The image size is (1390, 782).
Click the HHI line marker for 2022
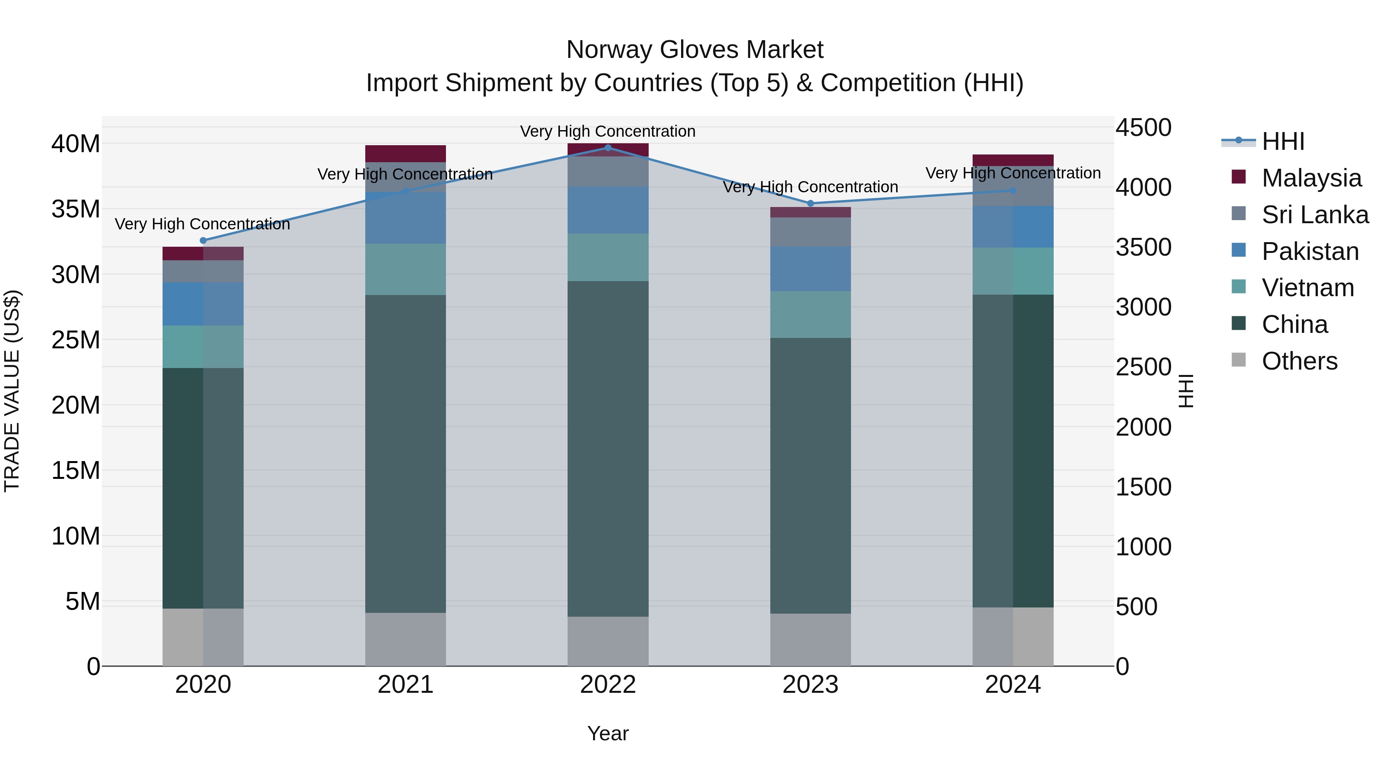[608, 148]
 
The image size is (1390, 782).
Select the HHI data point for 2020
[203, 241]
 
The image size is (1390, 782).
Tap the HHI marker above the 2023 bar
[810, 204]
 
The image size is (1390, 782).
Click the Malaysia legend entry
[1311, 178]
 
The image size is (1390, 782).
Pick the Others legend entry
[1299, 361]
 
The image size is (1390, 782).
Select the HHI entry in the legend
[1283, 141]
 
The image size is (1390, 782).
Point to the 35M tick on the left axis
[76, 209]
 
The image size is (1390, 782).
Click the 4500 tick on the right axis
[1143, 128]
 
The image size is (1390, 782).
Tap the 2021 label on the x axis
[405, 685]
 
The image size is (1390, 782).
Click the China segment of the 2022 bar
[608, 448]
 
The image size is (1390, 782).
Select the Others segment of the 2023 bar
[810, 640]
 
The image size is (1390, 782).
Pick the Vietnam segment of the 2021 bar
[405, 269]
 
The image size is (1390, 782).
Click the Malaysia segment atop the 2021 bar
[405, 154]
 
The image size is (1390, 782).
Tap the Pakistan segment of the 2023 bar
[810, 269]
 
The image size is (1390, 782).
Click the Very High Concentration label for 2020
[202, 224]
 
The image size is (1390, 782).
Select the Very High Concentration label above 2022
[608, 131]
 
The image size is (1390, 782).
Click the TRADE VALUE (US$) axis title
[12, 391]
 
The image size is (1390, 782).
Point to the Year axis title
[608, 733]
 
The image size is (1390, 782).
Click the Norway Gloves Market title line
[695, 50]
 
